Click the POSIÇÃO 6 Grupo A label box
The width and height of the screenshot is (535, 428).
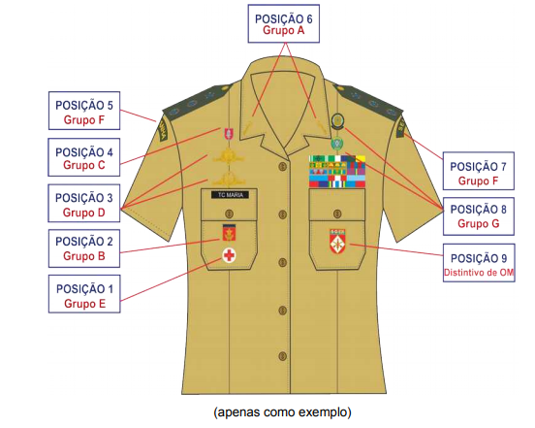(x=284, y=23)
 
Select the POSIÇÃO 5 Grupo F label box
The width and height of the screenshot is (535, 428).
(x=84, y=111)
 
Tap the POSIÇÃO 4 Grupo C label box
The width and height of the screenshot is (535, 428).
(x=84, y=157)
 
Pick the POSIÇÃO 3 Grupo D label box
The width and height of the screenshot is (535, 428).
(x=84, y=203)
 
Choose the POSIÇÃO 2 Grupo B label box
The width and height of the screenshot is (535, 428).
(x=84, y=248)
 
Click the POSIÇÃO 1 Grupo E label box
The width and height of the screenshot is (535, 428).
(x=84, y=294)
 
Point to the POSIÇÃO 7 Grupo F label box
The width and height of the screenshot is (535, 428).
(x=479, y=171)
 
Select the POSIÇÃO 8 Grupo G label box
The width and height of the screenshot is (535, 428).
(x=479, y=216)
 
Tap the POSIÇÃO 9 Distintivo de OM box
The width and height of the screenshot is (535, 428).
(x=479, y=263)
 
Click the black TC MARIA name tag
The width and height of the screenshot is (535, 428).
(x=230, y=195)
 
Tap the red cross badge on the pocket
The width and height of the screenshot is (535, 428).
(x=230, y=255)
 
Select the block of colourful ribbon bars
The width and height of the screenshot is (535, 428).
(x=336, y=172)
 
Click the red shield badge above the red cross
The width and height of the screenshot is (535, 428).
(x=229, y=233)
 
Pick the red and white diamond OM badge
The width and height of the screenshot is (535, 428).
(x=337, y=241)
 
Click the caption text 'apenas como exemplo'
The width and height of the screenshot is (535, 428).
(x=282, y=412)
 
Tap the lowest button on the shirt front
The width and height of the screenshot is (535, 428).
(x=282, y=356)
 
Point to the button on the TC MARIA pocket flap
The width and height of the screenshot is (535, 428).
(x=230, y=214)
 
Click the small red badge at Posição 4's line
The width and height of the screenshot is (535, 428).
(x=229, y=134)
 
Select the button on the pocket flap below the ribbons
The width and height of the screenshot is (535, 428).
(x=337, y=214)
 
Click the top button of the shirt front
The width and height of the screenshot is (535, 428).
(x=282, y=167)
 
